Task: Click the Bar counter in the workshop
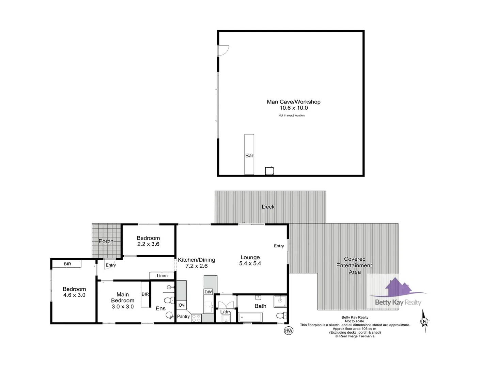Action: click(x=249, y=154)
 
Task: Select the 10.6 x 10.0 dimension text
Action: click(x=293, y=108)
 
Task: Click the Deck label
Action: click(x=268, y=207)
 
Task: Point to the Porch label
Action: click(x=106, y=241)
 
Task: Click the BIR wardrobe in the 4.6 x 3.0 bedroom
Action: click(x=67, y=264)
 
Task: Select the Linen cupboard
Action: click(x=162, y=276)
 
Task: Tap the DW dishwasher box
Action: click(x=208, y=292)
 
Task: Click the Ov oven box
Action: click(x=182, y=305)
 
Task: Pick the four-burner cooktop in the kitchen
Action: click(x=196, y=318)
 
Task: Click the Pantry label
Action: click(x=183, y=317)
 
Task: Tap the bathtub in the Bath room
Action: click(x=250, y=317)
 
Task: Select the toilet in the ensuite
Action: click(x=168, y=301)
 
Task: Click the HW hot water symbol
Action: click(x=289, y=331)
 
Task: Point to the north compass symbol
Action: click(x=424, y=321)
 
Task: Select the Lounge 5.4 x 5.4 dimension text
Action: click(x=250, y=263)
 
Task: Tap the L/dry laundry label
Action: click(x=226, y=312)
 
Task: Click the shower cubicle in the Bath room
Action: click(x=280, y=301)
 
